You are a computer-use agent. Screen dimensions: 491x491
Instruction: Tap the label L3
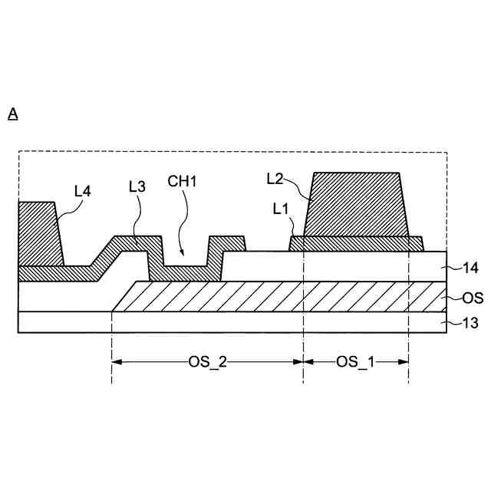[137, 186]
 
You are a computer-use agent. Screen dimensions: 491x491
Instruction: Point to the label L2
[275, 179]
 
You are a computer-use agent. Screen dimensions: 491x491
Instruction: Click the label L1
[282, 208]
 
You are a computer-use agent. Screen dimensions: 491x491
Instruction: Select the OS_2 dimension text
[207, 362]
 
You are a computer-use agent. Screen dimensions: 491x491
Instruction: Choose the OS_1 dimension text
[356, 362]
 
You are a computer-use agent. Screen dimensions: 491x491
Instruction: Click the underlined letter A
[13, 114]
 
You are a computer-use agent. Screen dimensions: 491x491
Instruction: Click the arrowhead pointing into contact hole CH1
[181, 253]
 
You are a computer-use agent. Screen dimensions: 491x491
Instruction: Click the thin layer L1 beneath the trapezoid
[357, 242]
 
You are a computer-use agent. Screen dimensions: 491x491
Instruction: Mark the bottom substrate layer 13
[230, 321]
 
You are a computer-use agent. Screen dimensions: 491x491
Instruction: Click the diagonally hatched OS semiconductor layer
[292, 296]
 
